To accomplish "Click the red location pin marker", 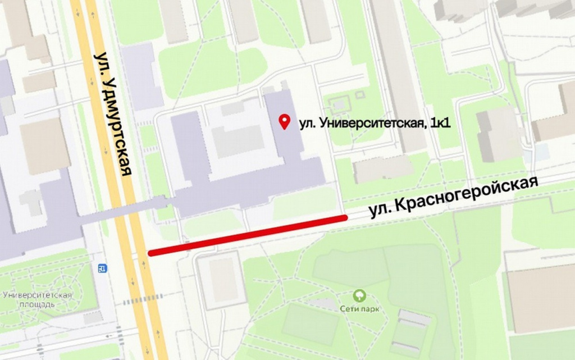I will (285, 121).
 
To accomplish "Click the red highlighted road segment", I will (248, 235).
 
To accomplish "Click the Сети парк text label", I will (359, 309).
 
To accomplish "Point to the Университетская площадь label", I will (36, 300).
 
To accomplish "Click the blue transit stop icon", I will (102, 268).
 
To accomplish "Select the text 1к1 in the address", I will (439, 123).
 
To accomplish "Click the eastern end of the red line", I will (344, 217).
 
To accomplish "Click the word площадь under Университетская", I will (36, 304).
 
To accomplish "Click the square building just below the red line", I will (221, 280).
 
